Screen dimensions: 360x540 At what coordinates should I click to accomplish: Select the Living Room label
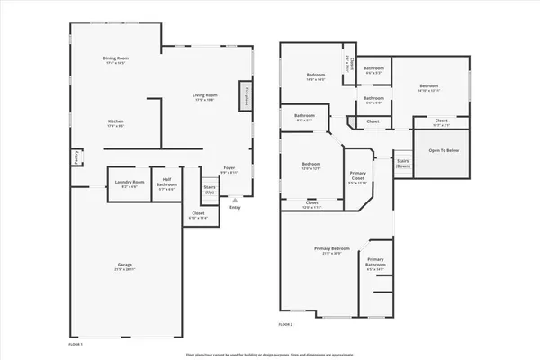[206, 96]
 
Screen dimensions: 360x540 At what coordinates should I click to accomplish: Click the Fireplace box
[245, 96]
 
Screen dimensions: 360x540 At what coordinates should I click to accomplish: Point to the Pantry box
[76, 158]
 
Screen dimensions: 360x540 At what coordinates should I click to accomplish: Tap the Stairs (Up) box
[210, 190]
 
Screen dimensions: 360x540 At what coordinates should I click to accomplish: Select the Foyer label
[229, 169]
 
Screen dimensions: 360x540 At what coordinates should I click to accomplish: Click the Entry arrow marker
[235, 200]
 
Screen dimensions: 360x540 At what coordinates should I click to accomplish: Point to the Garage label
[124, 266]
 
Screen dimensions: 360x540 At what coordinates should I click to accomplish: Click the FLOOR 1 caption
[76, 345]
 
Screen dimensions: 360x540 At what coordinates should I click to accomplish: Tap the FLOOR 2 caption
[285, 324]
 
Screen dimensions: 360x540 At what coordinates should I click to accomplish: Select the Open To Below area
[443, 150]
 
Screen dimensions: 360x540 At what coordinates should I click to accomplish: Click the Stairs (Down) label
[403, 164]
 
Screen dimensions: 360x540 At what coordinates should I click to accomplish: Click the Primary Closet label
[357, 177]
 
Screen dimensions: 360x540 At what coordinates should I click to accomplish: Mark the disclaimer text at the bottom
[270, 354]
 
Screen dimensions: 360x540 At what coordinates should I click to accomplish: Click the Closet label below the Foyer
[197, 216]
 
